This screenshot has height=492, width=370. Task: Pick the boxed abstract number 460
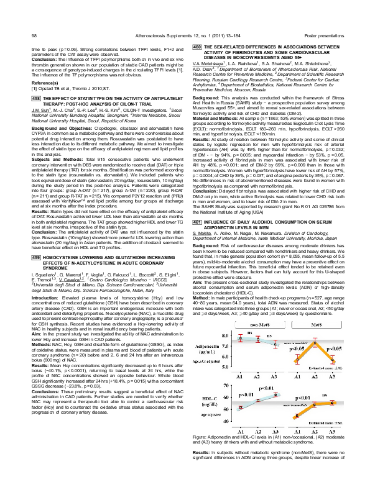[x=197, y=47]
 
